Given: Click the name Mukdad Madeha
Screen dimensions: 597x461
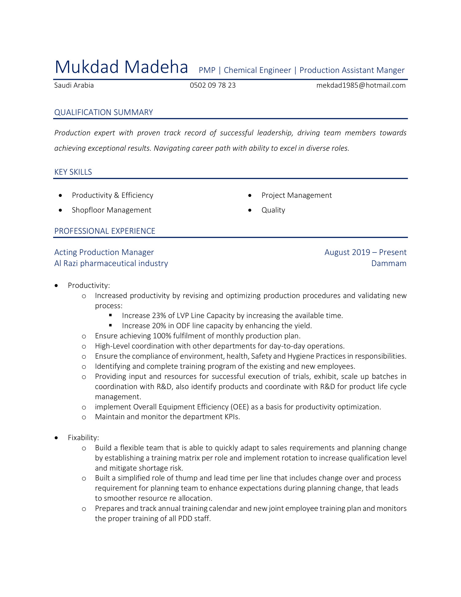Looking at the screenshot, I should coord(121,67).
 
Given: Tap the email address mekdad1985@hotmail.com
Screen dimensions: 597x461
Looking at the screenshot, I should coord(361,85).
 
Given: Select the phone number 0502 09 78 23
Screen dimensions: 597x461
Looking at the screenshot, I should coord(213,85).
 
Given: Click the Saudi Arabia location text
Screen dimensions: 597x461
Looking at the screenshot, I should coord(74,85).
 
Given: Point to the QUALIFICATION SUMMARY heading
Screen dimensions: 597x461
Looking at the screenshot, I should coord(104,112).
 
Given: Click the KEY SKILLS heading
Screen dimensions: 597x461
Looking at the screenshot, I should coord(73,172).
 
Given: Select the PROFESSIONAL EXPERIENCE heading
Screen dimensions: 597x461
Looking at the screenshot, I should coord(105,231).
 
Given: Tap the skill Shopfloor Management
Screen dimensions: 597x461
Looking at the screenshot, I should coord(111,210).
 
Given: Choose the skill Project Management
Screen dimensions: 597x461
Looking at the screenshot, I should coord(296,195).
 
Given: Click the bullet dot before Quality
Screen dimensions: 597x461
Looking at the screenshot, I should coord(250,210).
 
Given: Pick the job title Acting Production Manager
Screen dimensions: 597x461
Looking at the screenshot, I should coord(104,252).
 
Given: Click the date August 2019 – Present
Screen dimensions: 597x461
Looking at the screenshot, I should coord(365,252).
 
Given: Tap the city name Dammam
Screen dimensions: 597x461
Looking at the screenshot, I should coord(388,263).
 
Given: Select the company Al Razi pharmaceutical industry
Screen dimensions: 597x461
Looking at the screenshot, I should coord(111,263).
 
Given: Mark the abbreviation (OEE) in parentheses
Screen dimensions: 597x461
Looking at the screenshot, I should coord(239,407).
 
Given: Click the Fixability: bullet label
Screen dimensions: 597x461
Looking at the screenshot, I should coord(83,438).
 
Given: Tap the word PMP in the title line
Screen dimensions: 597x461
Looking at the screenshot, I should coord(207,70).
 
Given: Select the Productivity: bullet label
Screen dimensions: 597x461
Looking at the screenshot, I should coord(89,285).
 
